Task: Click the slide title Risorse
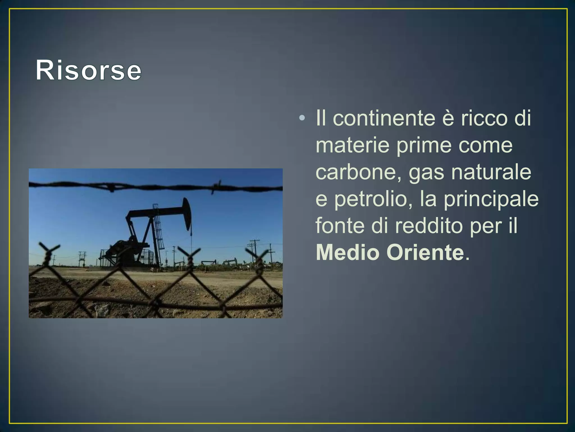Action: [x=88, y=70]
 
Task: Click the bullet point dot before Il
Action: [x=302, y=118]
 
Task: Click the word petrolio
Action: [x=373, y=199]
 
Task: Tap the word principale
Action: [x=491, y=199]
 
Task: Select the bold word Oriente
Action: [x=425, y=252]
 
